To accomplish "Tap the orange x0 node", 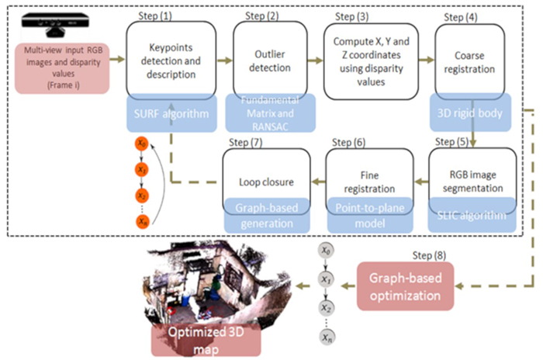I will click(141, 143).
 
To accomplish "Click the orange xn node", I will click(141, 221).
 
